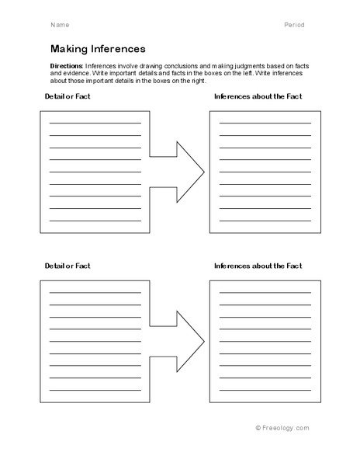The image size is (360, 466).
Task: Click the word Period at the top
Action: pyautogui.click(x=294, y=25)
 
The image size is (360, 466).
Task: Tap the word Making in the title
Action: pyautogui.click(x=69, y=48)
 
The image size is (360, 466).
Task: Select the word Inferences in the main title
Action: pyautogui.click(x=117, y=48)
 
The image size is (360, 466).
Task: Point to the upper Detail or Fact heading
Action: pyautogui.click(x=65, y=96)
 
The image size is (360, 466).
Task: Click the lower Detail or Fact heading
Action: pyautogui.click(x=65, y=266)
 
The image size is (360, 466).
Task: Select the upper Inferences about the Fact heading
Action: pyautogui.click(x=258, y=96)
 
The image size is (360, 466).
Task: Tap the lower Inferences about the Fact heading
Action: pyautogui.click(x=258, y=266)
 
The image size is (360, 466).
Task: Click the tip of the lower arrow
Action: pyautogui.click(x=203, y=339)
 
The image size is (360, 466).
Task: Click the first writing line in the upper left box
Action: pyautogui.click(x=95, y=123)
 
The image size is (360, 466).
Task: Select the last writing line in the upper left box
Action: pyautogui.click(x=95, y=221)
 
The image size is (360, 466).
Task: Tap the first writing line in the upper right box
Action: pyautogui.click(x=265, y=123)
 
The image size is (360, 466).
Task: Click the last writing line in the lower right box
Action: pyautogui.click(x=265, y=390)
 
